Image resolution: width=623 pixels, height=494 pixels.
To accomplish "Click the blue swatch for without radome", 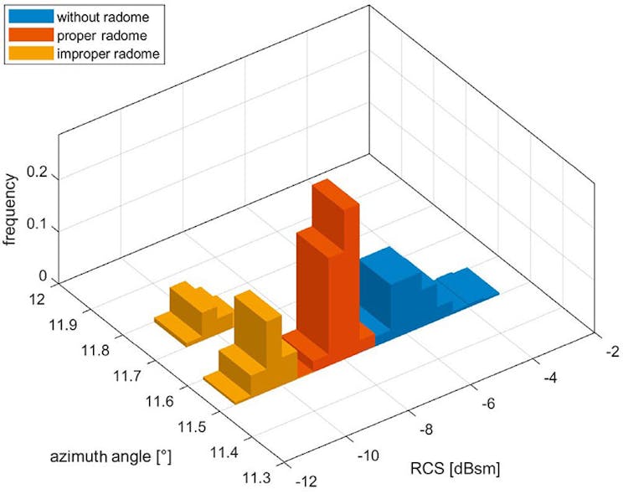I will tap(29, 16).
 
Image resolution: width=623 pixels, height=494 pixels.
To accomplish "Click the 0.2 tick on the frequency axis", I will tap(39, 178).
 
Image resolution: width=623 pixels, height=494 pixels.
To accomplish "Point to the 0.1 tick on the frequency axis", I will tap(39, 229).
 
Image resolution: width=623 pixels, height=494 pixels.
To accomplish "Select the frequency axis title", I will tap(11, 208).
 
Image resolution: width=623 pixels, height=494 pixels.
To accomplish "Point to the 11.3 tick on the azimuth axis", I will tap(259, 477).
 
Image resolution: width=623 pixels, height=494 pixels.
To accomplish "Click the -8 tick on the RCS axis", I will tap(425, 429).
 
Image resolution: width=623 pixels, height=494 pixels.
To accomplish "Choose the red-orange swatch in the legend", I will tap(29, 35).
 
